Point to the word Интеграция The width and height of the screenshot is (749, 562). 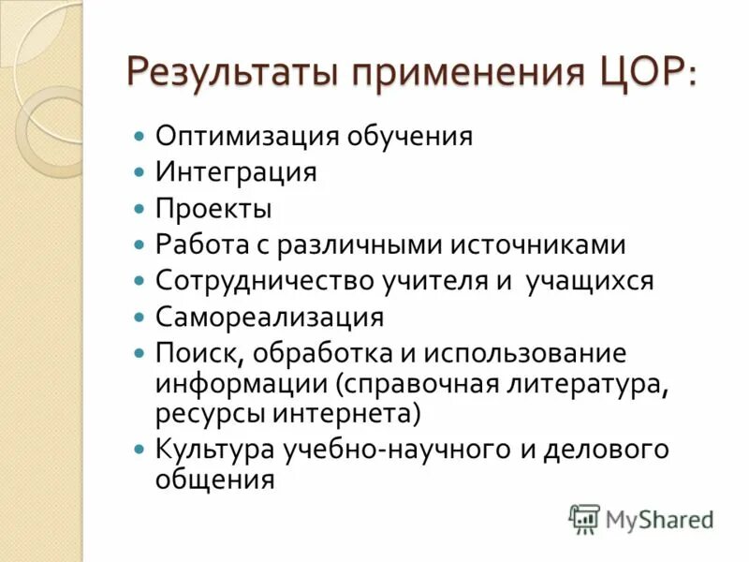pos(236,173)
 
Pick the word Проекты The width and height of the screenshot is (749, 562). pos(213,208)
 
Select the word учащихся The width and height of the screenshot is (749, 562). pos(589,281)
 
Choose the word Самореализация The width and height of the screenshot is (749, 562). pos(270,317)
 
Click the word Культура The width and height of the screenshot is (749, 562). pos(216,449)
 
